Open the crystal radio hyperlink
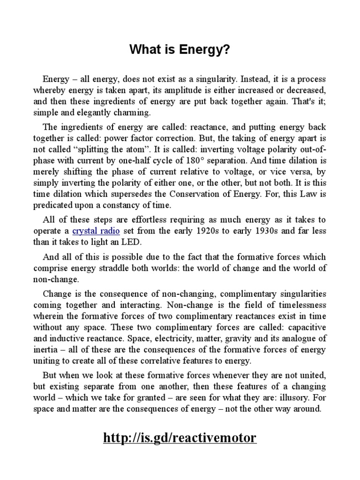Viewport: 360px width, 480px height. click(x=96, y=231)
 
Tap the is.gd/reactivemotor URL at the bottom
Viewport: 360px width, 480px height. click(x=180, y=438)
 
